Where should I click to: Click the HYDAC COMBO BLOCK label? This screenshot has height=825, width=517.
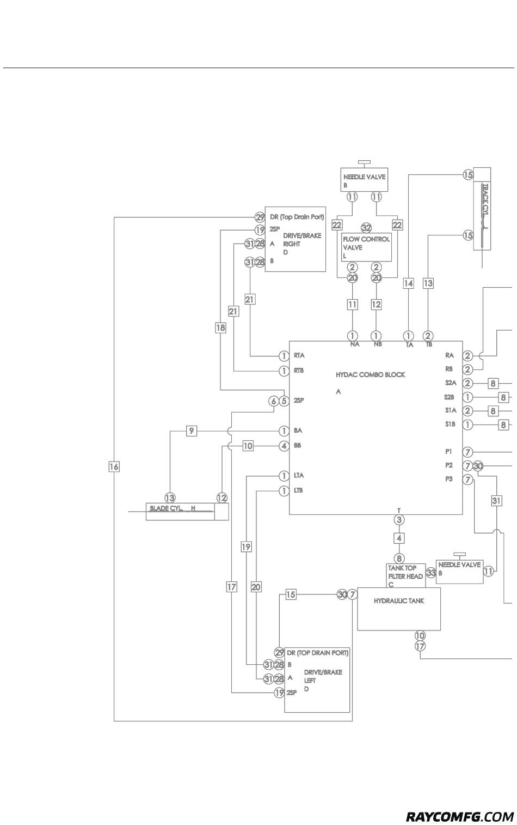(x=370, y=374)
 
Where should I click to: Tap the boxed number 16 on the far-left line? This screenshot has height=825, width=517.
(x=114, y=466)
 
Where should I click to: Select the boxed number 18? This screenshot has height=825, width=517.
(x=220, y=327)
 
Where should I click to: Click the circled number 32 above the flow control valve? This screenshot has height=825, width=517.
(x=366, y=228)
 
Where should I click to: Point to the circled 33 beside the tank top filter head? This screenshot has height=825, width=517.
(x=431, y=573)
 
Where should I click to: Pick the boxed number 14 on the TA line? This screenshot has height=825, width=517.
(x=409, y=283)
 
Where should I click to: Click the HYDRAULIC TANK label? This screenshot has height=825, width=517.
(x=399, y=600)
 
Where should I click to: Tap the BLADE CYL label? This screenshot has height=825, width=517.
(x=173, y=508)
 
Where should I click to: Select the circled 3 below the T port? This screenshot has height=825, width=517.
(x=399, y=520)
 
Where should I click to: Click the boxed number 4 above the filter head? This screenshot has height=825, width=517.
(x=399, y=538)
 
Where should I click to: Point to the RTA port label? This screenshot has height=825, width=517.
(x=299, y=355)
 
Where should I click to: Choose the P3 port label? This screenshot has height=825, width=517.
(x=448, y=479)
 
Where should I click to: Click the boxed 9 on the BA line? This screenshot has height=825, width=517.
(x=191, y=430)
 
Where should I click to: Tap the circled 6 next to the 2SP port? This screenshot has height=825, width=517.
(x=273, y=401)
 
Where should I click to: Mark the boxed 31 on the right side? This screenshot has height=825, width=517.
(x=496, y=501)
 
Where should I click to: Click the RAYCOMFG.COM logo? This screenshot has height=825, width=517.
(x=460, y=814)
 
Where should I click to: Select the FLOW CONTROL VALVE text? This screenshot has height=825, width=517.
(x=366, y=243)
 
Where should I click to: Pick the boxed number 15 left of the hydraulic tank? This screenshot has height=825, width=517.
(x=291, y=595)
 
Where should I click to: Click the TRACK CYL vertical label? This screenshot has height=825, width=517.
(x=485, y=206)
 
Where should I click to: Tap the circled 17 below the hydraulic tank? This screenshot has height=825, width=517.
(x=420, y=646)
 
